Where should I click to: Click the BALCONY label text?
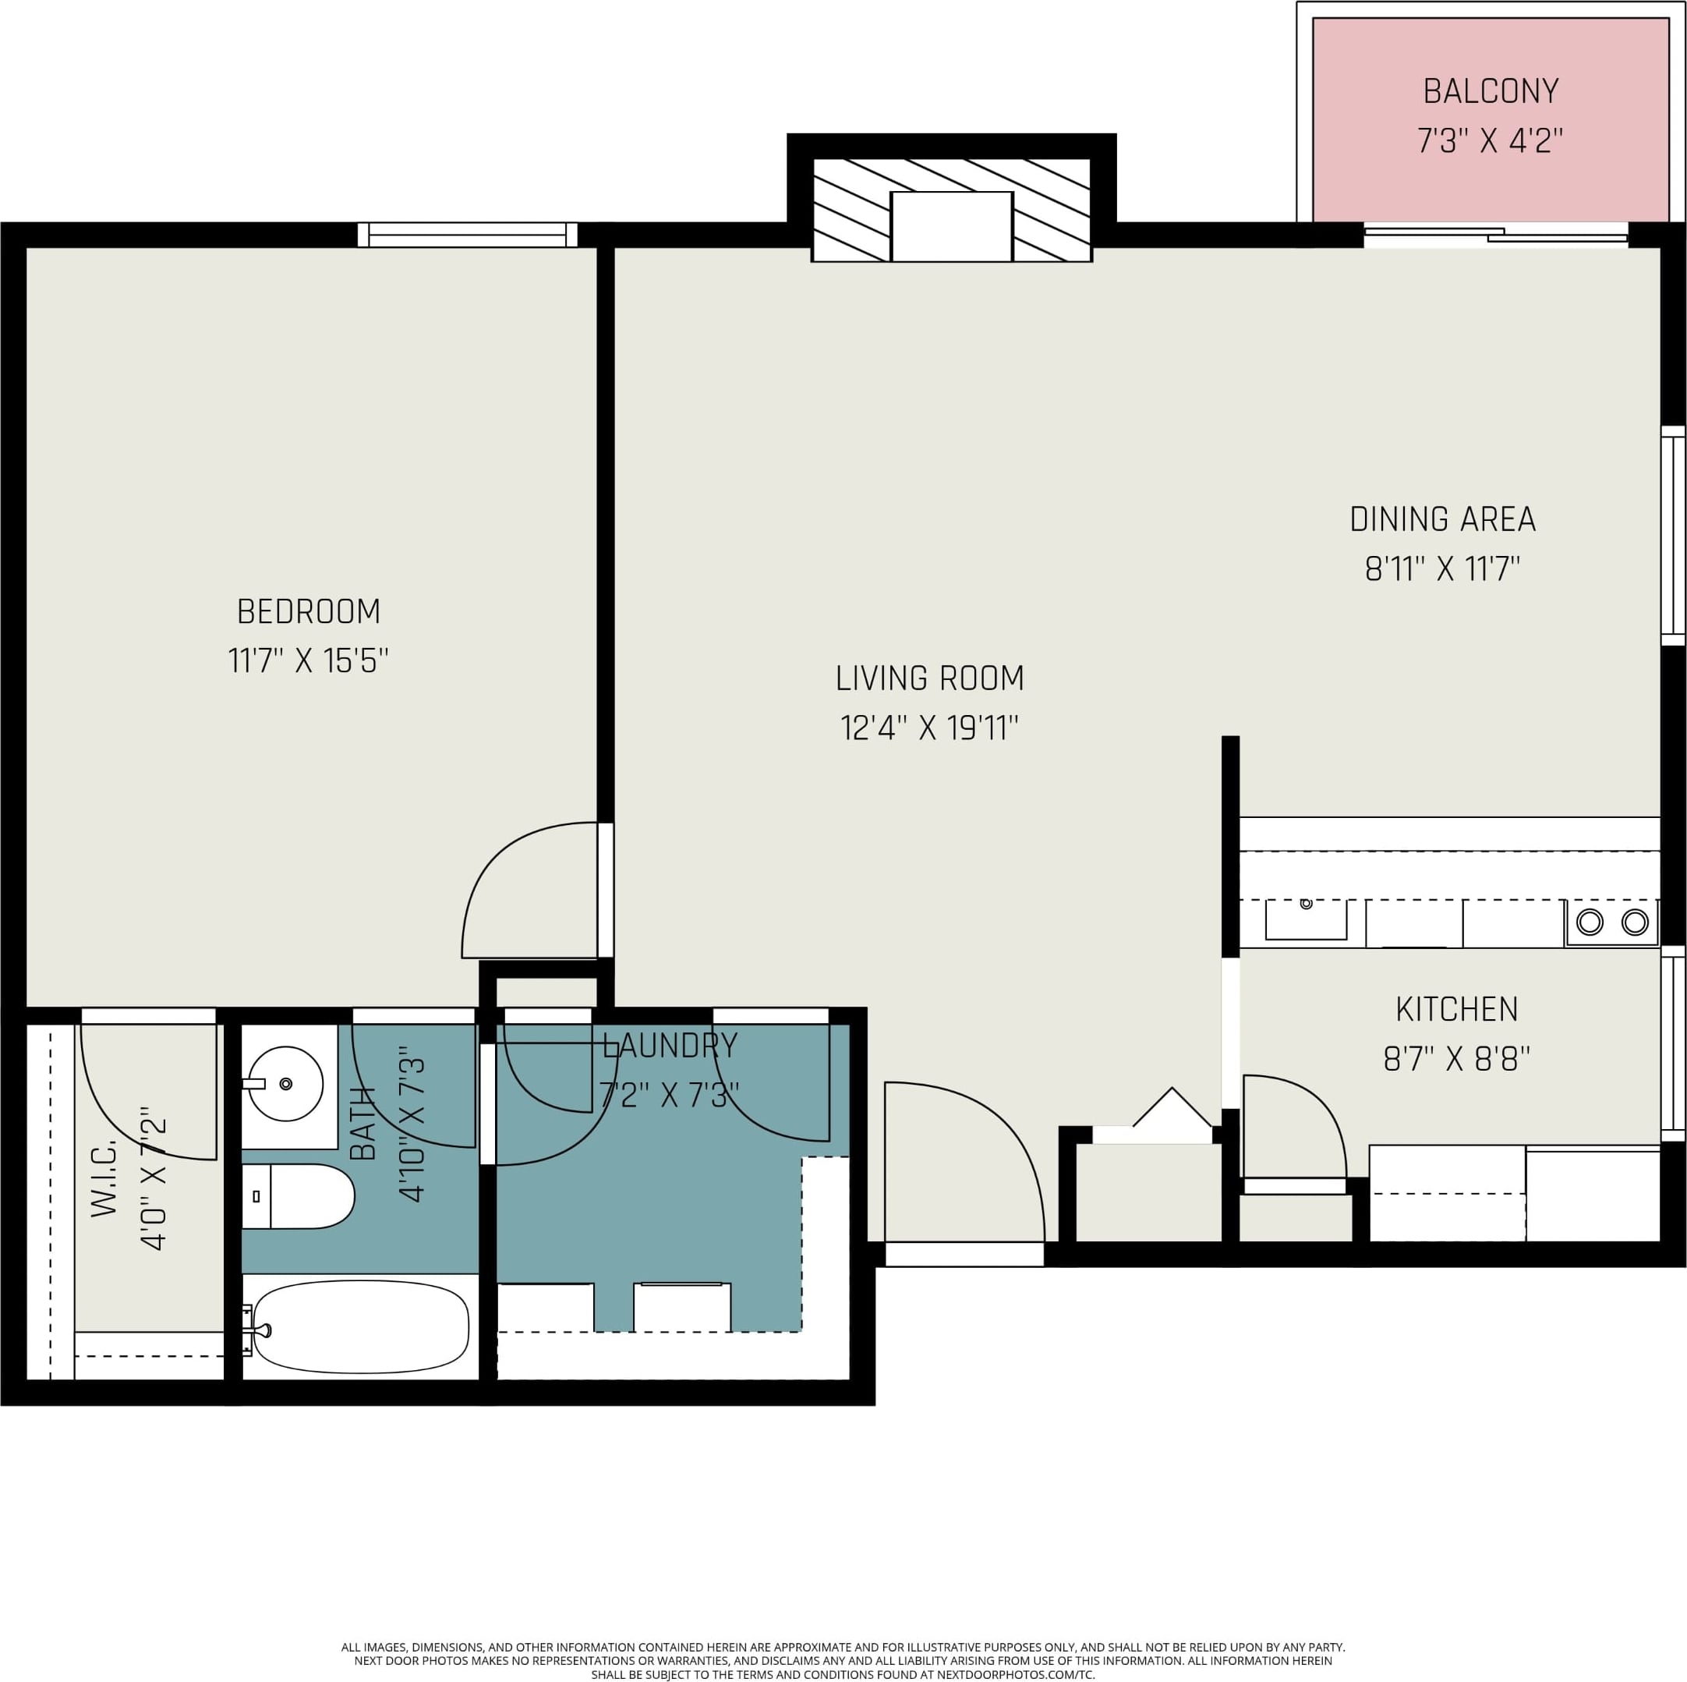[x=1491, y=90]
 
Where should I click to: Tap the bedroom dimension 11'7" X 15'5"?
[x=307, y=661]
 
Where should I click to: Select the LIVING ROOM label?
[x=929, y=678]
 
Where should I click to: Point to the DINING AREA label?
[x=1442, y=519]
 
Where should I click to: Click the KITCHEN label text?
[x=1456, y=1009]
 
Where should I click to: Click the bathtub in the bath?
[x=361, y=1326]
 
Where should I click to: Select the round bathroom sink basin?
[x=285, y=1085]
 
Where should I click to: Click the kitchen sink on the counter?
[x=1306, y=919]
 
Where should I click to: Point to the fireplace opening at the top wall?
[x=951, y=226]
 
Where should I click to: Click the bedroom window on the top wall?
[x=467, y=235]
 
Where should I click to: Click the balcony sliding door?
[x=1496, y=235]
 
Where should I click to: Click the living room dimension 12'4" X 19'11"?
[x=929, y=728]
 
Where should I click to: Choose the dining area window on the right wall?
[x=1672, y=536]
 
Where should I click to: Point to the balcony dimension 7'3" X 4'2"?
[x=1490, y=140]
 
